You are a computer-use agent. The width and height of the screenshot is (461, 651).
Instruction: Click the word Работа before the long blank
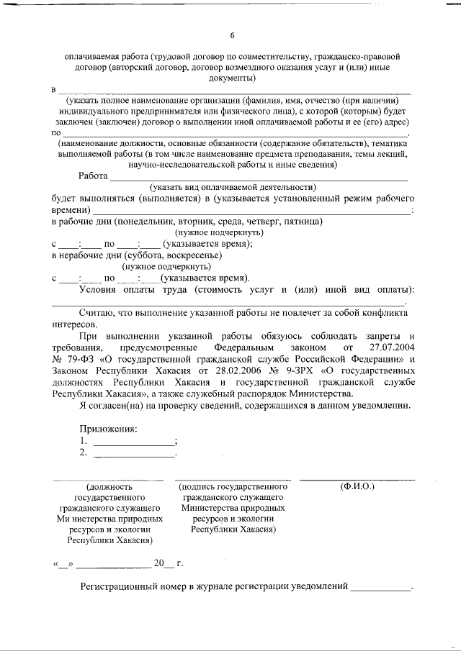tap(93, 176)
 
